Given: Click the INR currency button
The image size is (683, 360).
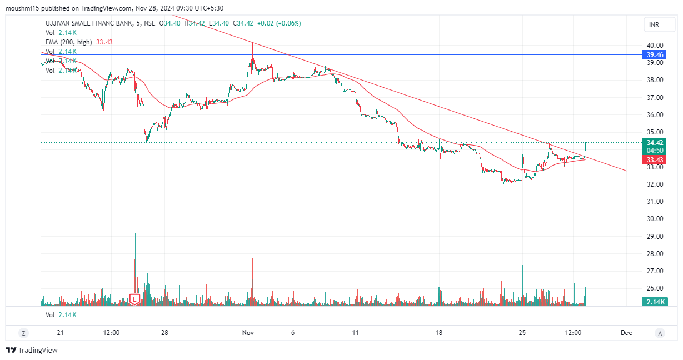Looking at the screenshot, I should point(654,26).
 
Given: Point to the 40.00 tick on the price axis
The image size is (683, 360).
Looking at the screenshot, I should point(654,45).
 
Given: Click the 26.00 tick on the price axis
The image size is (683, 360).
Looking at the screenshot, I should point(654,288).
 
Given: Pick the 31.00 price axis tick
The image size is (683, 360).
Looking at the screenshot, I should point(654,202).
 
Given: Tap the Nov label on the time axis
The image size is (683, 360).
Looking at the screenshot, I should point(248,333).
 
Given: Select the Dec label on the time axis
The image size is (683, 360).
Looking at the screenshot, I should point(626,333).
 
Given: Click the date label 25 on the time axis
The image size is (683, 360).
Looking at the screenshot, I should point(522,333).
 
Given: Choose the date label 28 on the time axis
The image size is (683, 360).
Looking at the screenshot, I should point(164,333).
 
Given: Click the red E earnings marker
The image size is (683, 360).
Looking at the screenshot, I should point(134,299).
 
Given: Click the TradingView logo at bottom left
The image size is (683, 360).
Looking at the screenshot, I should point(32,350).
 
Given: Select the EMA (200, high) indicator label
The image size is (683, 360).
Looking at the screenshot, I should point(69,42).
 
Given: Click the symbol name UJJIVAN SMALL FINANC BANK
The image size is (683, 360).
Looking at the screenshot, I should point(89,23).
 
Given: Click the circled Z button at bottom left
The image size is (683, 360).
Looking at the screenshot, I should point(23,333).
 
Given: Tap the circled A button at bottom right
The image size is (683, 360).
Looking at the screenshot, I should point(660,333).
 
